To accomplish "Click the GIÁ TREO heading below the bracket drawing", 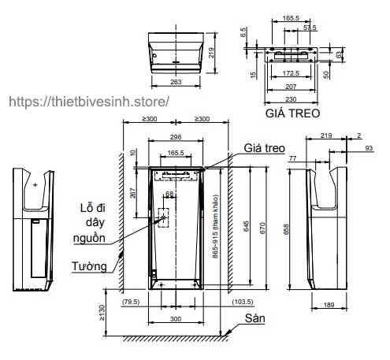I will click(x=292, y=113).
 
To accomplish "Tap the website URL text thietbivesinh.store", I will click(x=87, y=102).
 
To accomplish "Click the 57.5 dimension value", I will click(x=310, y=27).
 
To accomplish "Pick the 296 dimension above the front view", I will click(x=176, y=135).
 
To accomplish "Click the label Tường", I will click(x=91, y=266).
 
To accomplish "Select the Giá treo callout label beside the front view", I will click(x=264, y=147).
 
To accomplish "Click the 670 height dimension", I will click(x=270, y=227).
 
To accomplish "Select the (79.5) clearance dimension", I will click(x=131, y=301).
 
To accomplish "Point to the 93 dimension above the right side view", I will click(x=369, y=149).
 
